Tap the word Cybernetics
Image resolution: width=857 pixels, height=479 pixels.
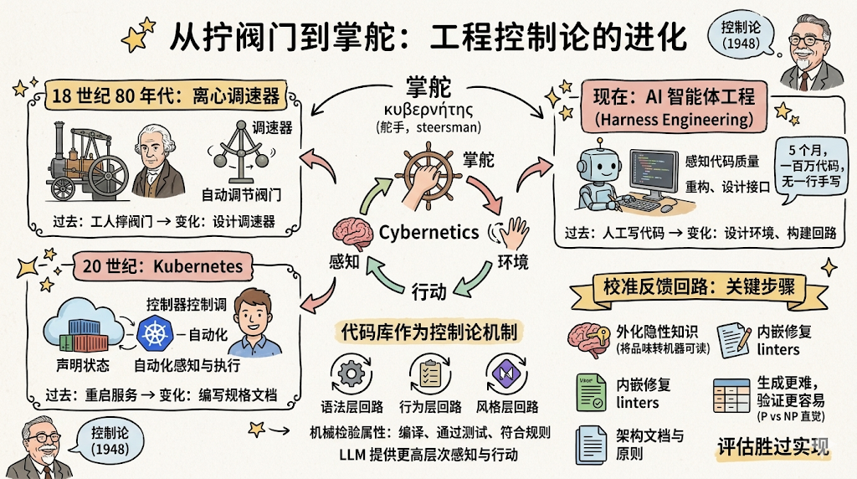click(x=429, y=233)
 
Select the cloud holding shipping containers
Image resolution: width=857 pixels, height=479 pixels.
click(x=79, y=328)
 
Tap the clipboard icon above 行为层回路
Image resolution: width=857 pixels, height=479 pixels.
click(x=429, y=371)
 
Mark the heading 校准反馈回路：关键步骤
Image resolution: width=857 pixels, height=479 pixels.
click(x=698, y=287)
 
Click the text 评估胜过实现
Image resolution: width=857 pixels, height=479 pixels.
click(x=772, y=446)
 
